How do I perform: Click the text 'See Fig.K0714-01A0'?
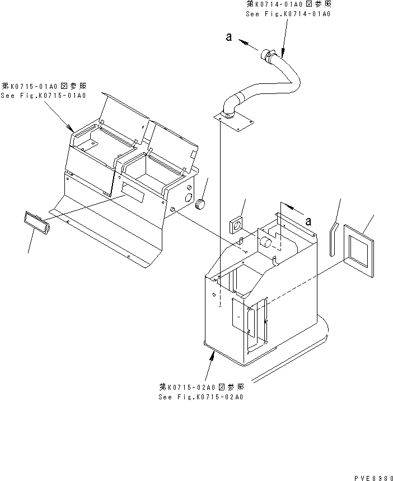pyautogui.click(x=288, y=14)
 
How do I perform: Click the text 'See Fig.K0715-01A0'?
pyautogui.click(x=43, y=96)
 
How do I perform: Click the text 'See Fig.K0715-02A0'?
pyautogui.click(x=201, y=397)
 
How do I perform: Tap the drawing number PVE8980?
pyautogui.click(x=373, y=478)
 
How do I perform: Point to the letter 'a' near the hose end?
pyautogui.click(x=229, y=37)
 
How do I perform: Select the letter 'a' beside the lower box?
pyautogui.click(x=308, y=221)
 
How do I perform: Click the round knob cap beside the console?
pyautogui.click(x=200, y=204)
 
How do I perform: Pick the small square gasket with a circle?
pyautogui.click(x=236, y=227)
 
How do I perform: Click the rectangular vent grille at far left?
pyautogui.click(x=37, y=223)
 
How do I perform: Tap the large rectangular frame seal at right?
pyautogui.click(x=359, y=251)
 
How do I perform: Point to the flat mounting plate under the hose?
pyautogui.click(x=233, y=121)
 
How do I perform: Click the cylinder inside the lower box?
pyautogui.click(x=266, y=242)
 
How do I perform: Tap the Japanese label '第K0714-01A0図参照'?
pyautogui.click(x=289, y=4)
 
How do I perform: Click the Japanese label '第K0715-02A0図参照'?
pyautogui.click(x=202, y=387)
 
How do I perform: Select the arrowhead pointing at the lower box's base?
pyautogui.click(x=212, y=356)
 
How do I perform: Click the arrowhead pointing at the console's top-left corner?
pyautogui.click(x=70, y=128)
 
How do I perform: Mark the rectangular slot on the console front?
pyautogui.click(x=132, y=195)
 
